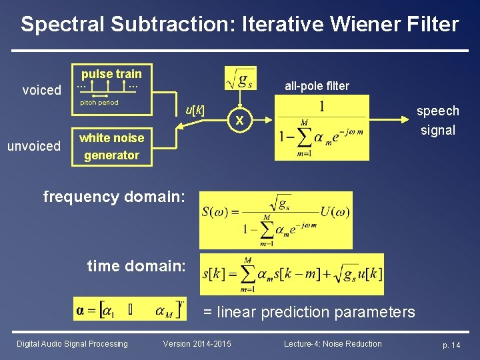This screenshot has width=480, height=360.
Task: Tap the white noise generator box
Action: pos(111,147)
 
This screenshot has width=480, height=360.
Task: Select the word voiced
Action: pos(41,90)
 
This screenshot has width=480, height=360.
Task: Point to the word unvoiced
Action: pos(34,146)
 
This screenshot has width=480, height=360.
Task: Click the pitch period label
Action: pos(99,103)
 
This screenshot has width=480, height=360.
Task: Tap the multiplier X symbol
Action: pos(239,121)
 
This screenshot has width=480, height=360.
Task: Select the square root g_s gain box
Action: pos(240,80)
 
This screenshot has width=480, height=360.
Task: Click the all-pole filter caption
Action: pos(317,85)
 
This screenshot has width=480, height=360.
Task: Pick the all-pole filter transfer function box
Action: pos(322,127)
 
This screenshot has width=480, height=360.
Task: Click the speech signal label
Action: pos(438,120)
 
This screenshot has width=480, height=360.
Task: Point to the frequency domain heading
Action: pos(114,196)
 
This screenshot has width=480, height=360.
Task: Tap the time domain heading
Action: pos(136,265)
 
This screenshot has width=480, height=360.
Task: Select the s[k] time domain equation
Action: pos(292,274)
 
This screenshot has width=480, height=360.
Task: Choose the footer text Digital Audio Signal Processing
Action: pos(72,344)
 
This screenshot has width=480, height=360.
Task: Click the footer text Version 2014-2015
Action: pos(197,344)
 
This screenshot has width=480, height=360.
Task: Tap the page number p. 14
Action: pos(451,345)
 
